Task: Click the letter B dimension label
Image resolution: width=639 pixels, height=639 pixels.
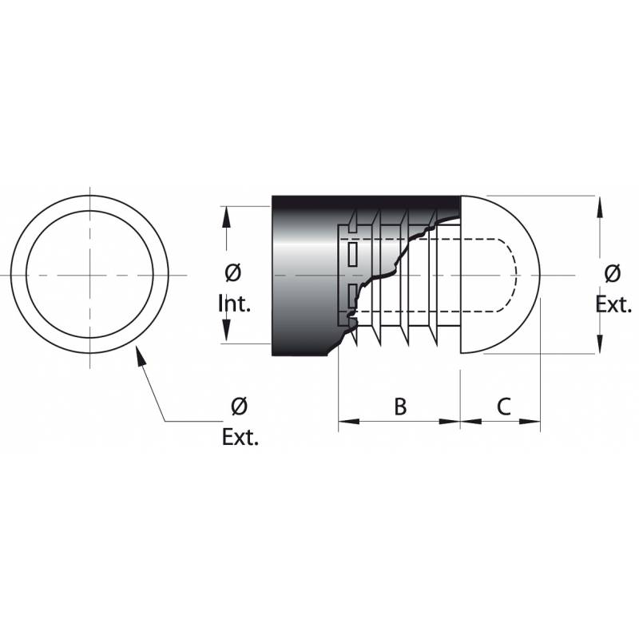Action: pyautogui.click(x=400, y=406)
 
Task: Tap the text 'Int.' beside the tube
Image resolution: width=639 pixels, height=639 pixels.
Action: pyautogui.click(x=234, y=304)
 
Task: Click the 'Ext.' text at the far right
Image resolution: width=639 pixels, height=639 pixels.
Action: pyautogui.click(x=613, y=304)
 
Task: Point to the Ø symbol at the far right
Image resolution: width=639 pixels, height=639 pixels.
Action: pyautogui.click(x=613, y=274)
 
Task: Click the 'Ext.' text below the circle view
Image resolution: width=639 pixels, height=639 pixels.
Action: pyautogui.click(x=240, y=437)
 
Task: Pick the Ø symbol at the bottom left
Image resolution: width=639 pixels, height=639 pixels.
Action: pyautogui.click(x=238, y=406)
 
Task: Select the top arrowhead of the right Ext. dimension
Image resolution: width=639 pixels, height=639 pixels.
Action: pyautogui.click(x=598, y=205)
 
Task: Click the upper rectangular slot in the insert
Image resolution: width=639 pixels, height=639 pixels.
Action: pyautogui.click(x=351, y=255)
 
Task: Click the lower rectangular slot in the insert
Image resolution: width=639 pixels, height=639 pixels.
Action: pyautogui.click(x=351, y=294)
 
